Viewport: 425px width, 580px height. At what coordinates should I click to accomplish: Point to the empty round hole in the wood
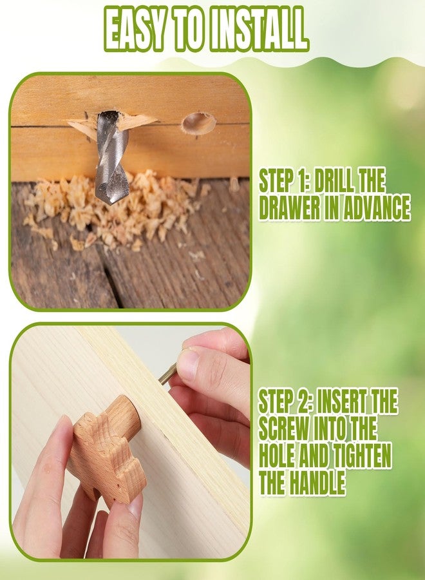click(198, 123)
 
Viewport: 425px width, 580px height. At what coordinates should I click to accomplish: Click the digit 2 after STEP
click(303, 401)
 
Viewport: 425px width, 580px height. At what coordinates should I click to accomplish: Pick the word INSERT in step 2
click(342, 401)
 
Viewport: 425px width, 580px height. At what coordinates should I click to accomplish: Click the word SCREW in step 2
click(283, 429)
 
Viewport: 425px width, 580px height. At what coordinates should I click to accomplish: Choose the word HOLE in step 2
click(277, 456)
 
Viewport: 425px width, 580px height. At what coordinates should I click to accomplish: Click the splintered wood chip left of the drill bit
click(83, 128)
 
